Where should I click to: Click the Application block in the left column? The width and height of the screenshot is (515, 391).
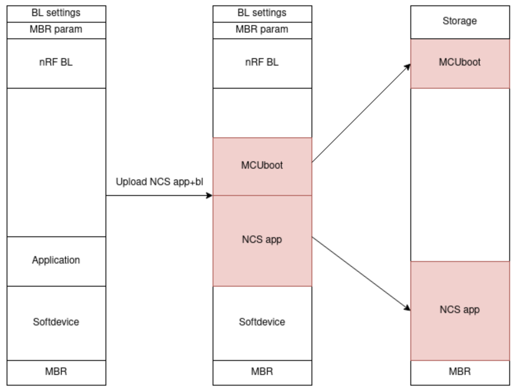tap(56, 261)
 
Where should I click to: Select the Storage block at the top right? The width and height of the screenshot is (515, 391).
tap(460, 22)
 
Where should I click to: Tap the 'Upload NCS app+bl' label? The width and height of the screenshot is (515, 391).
tap(159, 182)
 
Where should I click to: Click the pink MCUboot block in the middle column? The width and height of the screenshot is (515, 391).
tap(262, 166)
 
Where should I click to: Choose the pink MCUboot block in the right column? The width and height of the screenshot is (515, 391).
tap(460, 63)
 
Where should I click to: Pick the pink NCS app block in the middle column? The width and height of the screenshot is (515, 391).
tap(262, 240)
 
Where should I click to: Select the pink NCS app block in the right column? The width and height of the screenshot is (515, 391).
tap(460, 310)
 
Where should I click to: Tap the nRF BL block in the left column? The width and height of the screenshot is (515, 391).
tap(56, 63)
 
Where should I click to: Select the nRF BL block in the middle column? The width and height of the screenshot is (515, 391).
tap(262, 63)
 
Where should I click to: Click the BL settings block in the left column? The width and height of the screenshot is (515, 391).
tap(56, 13)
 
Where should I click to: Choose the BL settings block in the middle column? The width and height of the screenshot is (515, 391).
tap(262, 13)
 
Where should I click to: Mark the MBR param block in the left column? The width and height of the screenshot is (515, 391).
tap(56, 30)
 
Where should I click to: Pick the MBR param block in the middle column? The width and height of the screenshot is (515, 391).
tap(262, 30)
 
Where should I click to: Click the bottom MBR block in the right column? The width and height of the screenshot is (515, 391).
tap(460, 372)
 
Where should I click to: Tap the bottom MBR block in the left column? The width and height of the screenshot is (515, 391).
tap(56, 372)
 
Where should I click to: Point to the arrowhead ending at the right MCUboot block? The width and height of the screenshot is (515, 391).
tap(407, 66)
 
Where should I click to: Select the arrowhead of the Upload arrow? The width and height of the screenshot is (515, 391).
tap(209, 195)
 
